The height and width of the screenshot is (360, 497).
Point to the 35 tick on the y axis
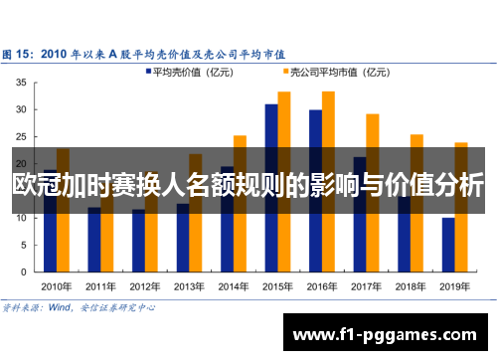click(x=22, y=83)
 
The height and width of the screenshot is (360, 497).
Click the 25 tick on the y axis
click(x=22, y=136)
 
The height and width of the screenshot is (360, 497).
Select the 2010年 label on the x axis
click(x=57, y=286)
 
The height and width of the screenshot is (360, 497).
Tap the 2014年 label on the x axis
click(x=234, y=286)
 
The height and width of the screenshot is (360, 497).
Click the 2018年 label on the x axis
click(x=411, y=286)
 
